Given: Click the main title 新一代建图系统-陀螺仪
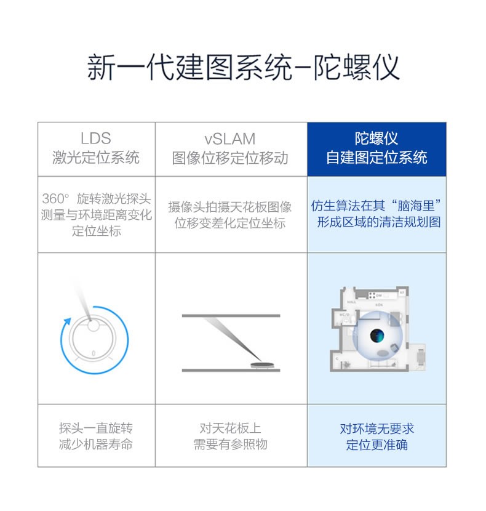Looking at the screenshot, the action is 243,67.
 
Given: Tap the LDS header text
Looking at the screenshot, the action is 96,138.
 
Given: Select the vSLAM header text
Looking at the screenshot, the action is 230,139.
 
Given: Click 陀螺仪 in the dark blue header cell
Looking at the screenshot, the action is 376,138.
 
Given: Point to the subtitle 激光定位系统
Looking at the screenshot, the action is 96,158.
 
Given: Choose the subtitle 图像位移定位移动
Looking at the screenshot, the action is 230,158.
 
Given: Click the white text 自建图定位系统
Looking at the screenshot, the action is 376,158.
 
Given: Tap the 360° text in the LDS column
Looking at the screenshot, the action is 56,198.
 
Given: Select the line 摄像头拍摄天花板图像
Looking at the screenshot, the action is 230,207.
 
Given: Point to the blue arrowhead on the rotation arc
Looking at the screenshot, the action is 67,321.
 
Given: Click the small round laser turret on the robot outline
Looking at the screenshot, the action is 93,325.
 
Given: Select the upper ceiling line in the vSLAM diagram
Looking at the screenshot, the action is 231,315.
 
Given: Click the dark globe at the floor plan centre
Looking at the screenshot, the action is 377,336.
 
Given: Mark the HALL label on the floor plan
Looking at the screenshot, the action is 351,302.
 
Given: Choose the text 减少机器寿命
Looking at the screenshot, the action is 96,444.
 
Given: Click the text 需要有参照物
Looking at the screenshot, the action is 230,444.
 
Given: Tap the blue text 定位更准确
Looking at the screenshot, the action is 377,445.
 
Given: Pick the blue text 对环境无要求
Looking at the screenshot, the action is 377,429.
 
